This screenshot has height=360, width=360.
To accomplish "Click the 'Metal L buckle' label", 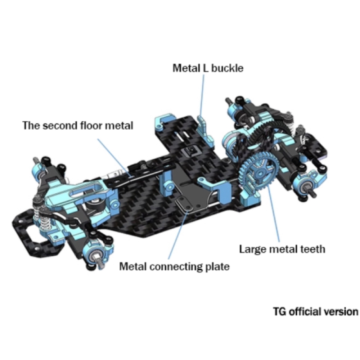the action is [x=208, y=68].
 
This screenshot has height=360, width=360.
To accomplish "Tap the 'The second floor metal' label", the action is [x=78, y=126].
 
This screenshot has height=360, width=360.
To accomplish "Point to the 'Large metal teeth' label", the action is [x=282, y=249].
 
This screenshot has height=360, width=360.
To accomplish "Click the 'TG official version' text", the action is [x=316, y=312].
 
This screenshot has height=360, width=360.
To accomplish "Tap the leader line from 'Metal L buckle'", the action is [x=202, y=95].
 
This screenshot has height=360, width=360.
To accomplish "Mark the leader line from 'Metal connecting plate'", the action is [x=178, y=235].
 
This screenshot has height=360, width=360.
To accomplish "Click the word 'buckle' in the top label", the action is [x=227, y=68].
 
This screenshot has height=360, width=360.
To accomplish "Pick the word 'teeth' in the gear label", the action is [x=313, y=249].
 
